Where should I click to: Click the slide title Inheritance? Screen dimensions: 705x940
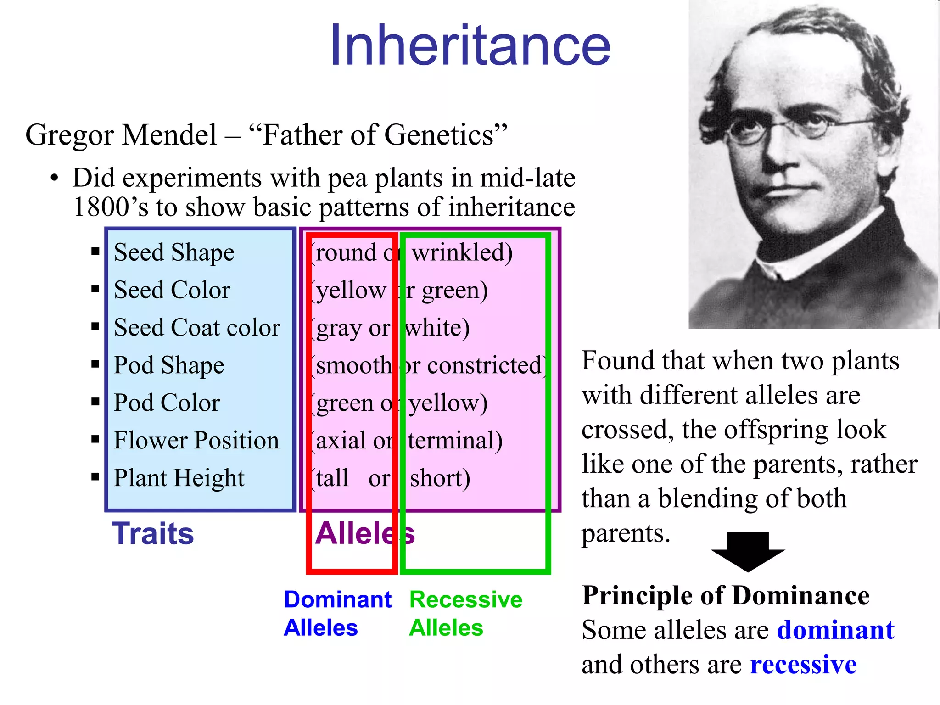click(x=470, y=46)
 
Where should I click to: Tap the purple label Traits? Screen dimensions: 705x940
click(x=153, y=534)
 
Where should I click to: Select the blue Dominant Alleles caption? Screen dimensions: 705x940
click(x=337, y=614)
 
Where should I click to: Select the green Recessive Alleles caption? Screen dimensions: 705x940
click(x=465, y=614)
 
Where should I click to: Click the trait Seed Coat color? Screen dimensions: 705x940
click(x=197, y=328)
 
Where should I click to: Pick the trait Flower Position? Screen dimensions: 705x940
click(x=196, y=441)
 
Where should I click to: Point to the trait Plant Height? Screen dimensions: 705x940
click(x=179, y=478)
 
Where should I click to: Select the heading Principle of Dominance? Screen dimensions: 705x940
click(x=726, y=596)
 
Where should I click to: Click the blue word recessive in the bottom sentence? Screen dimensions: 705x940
click(x=803, y=665)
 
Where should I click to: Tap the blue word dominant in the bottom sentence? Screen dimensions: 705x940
click(x=835, y=630)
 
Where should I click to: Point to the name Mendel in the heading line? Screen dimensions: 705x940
click(x=169, y=135)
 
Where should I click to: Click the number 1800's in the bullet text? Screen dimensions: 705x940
click(x=110, y=207)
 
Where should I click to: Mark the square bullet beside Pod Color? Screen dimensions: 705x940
click(x=95, y=402)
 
